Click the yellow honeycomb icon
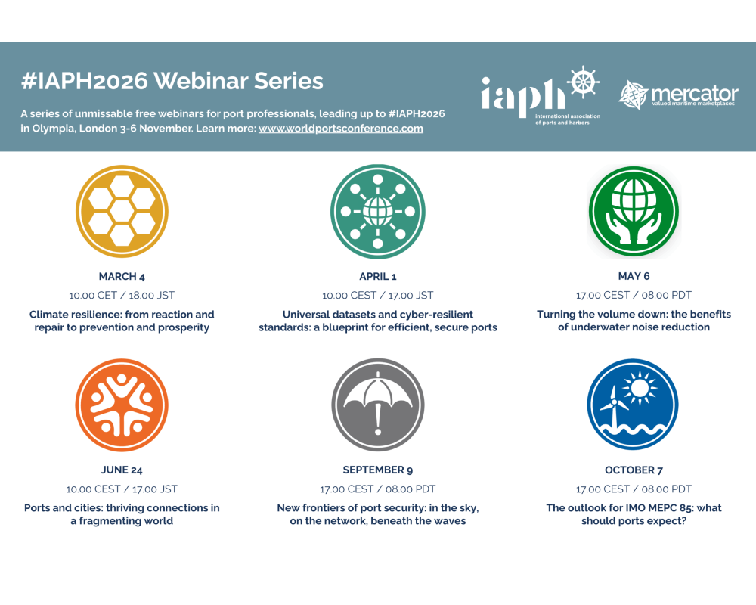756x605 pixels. coord(122,211)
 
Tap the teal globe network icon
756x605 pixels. coord(378,211)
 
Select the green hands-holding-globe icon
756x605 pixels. coord(634,212)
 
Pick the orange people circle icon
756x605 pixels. coord(122,405)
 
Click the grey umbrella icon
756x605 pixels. coord(378,405)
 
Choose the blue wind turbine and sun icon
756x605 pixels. coord(633,405)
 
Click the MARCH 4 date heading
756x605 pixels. coord(122,277)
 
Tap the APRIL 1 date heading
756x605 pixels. coord(378,277)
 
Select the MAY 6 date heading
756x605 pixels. coord(634,276)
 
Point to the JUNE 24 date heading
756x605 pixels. coord(122,470)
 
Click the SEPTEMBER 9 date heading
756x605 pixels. coord(378,470)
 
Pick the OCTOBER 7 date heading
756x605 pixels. coord(634,470)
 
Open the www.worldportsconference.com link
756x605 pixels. coord(341,129)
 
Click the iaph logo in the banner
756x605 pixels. coord(541,95)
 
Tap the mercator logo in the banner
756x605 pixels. coord(678,95)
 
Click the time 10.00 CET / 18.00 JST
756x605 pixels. coord(122,295)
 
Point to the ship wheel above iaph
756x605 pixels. coord(583,82)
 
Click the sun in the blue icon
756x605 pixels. coord(640,389)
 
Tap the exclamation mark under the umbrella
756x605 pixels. coord(378,418)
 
